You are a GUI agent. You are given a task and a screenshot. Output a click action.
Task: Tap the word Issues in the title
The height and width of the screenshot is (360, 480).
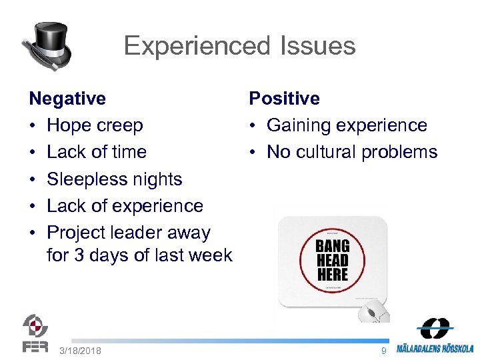(313, 46)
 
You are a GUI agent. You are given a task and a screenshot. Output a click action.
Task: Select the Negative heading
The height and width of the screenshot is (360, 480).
(67, 99)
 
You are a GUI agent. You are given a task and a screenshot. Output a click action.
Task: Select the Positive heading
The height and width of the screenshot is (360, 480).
(284, 99)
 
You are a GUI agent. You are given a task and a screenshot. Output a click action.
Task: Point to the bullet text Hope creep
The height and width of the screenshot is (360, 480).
(95, 125)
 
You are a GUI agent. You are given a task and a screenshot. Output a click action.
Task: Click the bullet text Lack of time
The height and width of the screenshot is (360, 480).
(97, 152)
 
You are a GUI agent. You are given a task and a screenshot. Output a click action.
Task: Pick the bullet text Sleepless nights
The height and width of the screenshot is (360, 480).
(115, 179)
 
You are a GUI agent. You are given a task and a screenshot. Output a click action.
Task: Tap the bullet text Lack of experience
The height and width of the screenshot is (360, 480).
(125, 206)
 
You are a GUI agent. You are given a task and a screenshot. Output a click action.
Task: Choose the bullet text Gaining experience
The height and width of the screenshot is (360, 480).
(347, 125)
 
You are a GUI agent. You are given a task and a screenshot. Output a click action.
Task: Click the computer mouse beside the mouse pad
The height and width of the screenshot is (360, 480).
(373, 311)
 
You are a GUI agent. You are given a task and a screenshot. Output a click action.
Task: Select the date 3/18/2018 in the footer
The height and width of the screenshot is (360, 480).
(80, 351)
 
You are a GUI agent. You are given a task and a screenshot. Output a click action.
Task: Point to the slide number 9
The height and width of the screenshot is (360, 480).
(383, 351)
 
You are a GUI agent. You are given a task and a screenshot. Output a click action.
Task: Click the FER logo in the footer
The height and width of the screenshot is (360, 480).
(35, 333)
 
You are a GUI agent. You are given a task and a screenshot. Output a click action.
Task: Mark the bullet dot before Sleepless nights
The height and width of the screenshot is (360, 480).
(33, 179)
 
